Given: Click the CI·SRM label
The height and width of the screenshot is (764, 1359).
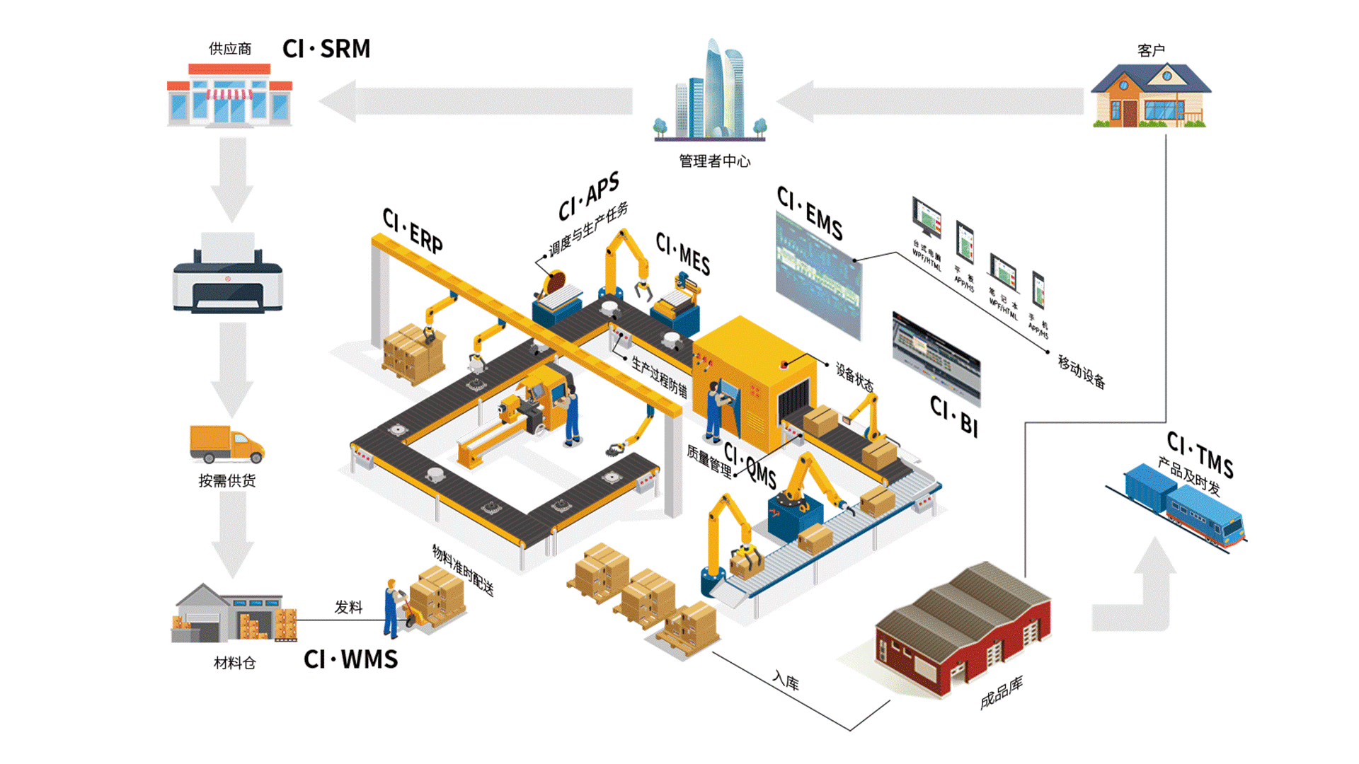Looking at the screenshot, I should point(326,49).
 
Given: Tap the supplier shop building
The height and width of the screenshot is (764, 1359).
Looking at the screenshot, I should point(229,96).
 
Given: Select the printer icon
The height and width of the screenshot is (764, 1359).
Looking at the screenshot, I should point(227,275).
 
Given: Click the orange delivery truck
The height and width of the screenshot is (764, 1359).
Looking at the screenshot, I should point(226,444).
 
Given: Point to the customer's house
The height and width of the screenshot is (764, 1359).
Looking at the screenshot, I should point(1150,96).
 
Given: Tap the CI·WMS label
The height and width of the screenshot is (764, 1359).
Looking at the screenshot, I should point(350,659).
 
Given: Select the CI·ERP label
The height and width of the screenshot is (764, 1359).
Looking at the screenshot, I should point(413,231).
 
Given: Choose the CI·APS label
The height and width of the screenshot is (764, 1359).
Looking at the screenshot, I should point(589,196).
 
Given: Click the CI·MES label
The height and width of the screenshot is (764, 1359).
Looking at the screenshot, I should point(683,253).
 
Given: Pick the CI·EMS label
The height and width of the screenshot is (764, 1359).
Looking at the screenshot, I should point(810,213).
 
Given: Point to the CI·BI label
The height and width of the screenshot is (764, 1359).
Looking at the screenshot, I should point(954,417).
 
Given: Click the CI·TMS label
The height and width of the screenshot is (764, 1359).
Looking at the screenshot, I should point(1200,455).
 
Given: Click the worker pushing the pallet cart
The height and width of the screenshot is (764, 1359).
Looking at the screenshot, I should point(391,608).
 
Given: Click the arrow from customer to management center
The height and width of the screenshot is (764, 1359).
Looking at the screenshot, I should point(931,101).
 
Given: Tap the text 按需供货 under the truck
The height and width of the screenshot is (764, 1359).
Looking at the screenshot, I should point(226,481).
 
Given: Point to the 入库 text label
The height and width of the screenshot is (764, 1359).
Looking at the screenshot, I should point(786,681).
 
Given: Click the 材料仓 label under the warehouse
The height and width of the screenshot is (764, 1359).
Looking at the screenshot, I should point(234,663).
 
